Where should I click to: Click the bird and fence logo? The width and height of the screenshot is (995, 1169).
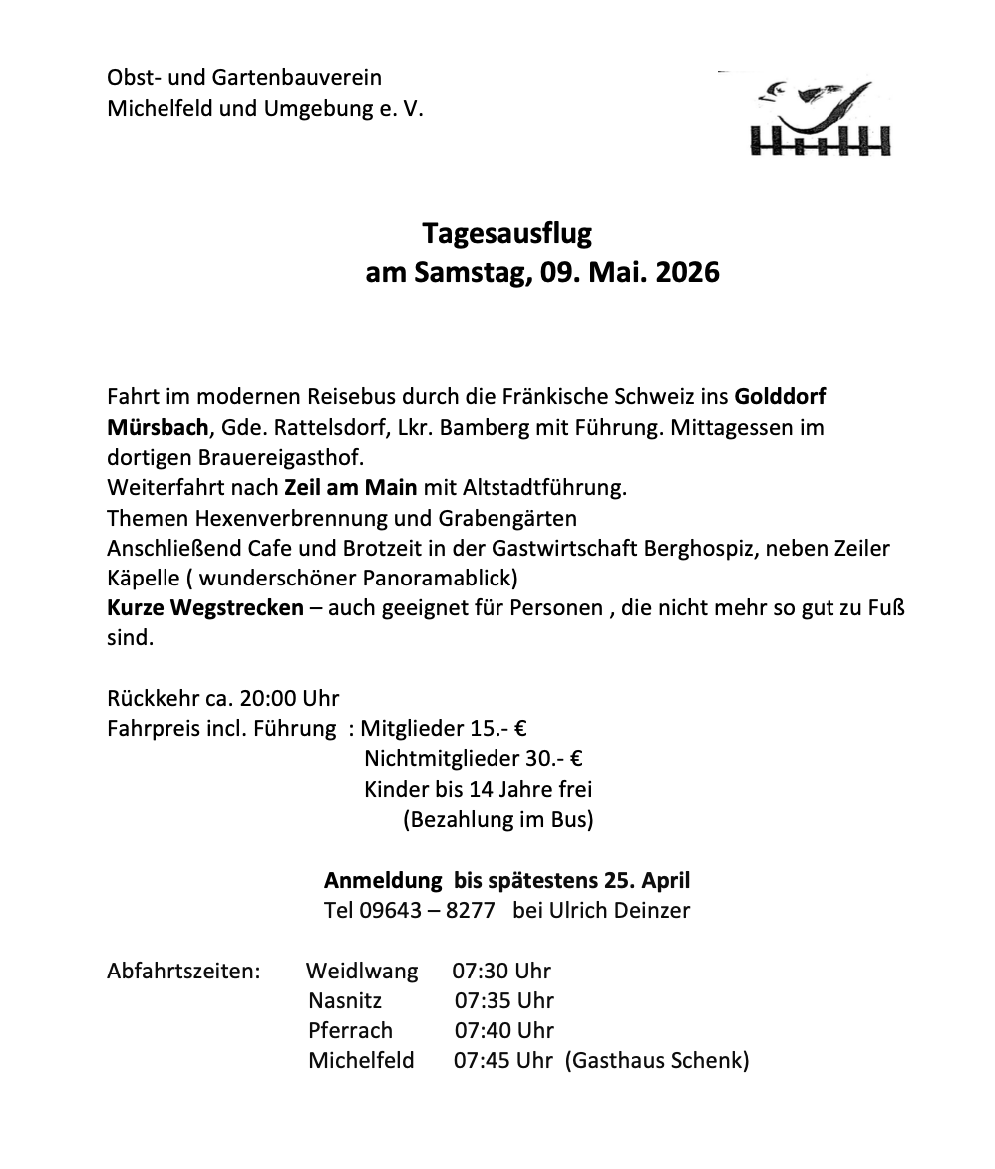pos(824,118)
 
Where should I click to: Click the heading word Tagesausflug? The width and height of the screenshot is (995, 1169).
pos(506,234)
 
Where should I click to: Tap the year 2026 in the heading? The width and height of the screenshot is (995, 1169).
pos(688,272)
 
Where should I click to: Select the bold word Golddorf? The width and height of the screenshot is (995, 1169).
pos(780,397)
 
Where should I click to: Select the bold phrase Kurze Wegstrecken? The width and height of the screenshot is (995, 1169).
pos(205,607)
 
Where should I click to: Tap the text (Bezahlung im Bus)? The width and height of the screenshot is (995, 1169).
pos(498,820)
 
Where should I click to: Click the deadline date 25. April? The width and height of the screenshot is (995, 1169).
pos(646,880)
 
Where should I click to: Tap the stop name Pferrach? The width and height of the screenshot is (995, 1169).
pos(350,1031)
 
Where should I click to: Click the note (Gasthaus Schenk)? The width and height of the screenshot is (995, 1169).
pos(657,1061)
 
